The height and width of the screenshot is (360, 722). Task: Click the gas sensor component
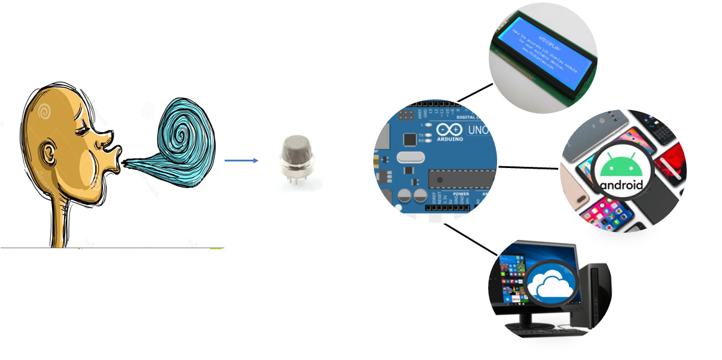click(x=295, y=155)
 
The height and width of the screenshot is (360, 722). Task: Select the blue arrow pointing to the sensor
click(x=241, y=160)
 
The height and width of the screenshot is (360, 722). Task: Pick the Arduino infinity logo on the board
click(x=450, y=130)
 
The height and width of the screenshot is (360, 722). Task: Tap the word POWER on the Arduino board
click(x=461, y=194)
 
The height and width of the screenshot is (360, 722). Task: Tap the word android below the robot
click(x=622, y=184)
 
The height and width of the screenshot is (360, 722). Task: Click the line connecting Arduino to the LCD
click(x=475, y=92)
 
